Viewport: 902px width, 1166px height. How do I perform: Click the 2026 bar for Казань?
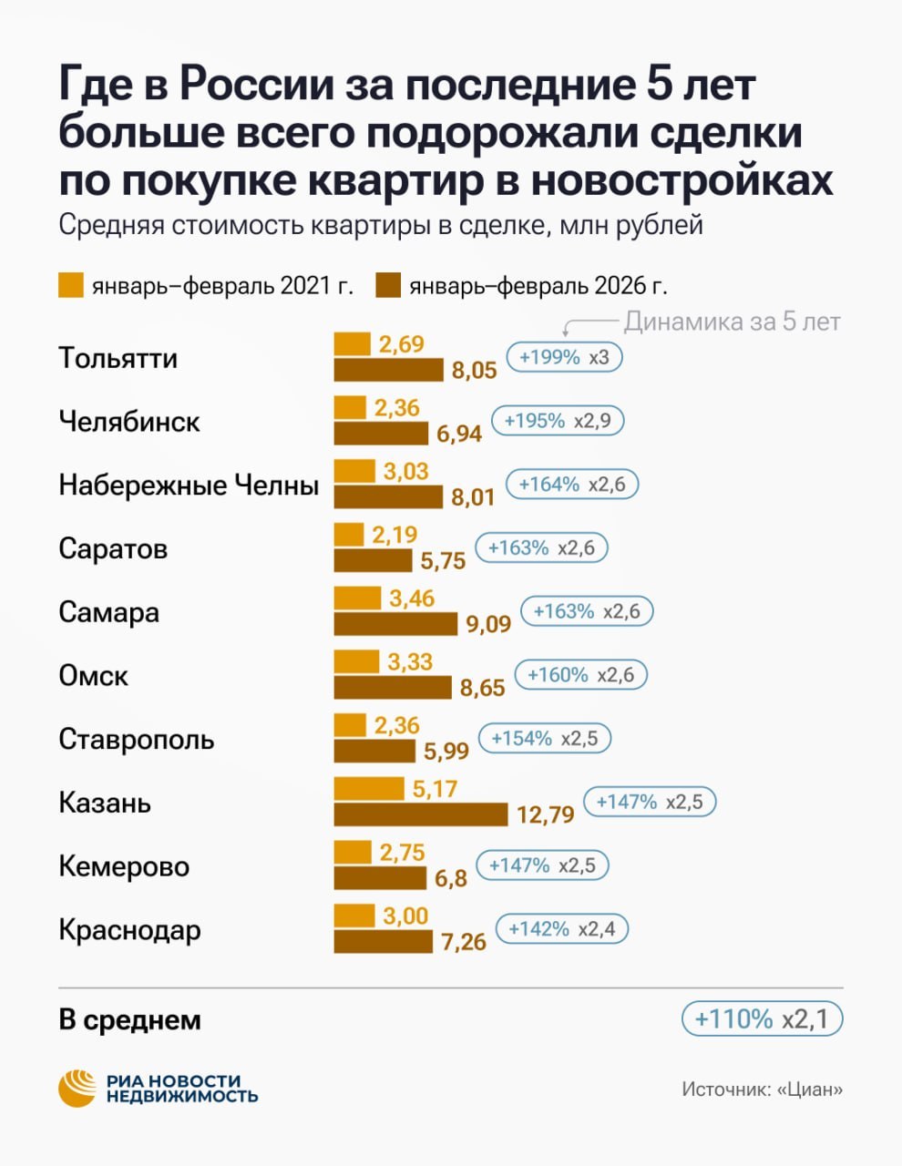point(420,814)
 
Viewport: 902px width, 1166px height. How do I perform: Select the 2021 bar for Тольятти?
point(352,343)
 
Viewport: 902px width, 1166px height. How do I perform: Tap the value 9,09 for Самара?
point(488,624)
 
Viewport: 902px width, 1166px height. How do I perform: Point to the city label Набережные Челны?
point(189,485)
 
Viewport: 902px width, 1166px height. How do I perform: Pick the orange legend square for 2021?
point(71,285)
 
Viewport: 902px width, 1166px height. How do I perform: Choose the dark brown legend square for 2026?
point(388,285)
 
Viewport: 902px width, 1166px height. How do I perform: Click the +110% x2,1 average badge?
point(762,1018)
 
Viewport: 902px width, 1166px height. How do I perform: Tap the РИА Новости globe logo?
point(77,1088)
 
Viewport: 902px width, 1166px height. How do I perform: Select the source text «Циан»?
point(810,1089)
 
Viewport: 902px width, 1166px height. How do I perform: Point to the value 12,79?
point(545,813)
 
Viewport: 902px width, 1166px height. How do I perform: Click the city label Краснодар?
point(129,930)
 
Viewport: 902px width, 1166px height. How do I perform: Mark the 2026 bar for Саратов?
point(372,560)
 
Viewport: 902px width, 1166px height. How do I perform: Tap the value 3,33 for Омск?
point(410,661)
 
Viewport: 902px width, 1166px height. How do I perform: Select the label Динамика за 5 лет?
point(732,322)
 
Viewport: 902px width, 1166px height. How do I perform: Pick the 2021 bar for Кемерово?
point(352,852)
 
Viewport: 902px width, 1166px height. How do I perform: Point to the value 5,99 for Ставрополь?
point(446,751)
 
